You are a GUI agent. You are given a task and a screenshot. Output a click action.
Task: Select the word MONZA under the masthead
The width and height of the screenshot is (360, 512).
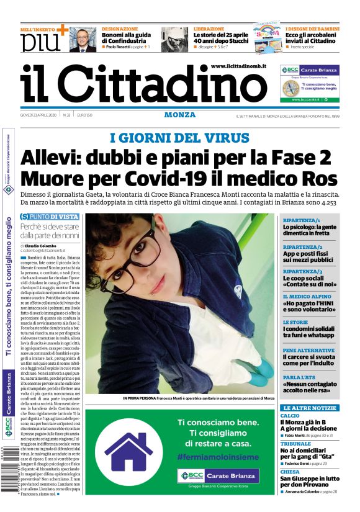(180, 115)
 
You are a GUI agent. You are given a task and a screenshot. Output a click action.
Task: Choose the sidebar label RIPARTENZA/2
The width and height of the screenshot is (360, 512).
(301, 246)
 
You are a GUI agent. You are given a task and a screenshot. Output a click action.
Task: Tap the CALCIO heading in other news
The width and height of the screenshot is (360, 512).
(290, 415)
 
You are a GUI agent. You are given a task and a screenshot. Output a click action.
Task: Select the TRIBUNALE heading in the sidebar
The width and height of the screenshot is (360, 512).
(295, 444)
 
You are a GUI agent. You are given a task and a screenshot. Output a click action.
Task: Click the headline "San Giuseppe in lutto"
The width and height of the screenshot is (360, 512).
(309, 478)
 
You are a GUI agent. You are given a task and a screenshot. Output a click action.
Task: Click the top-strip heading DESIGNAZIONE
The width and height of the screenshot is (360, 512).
(120, 29)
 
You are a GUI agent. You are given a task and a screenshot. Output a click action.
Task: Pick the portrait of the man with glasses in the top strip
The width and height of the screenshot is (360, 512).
(83, 40)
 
